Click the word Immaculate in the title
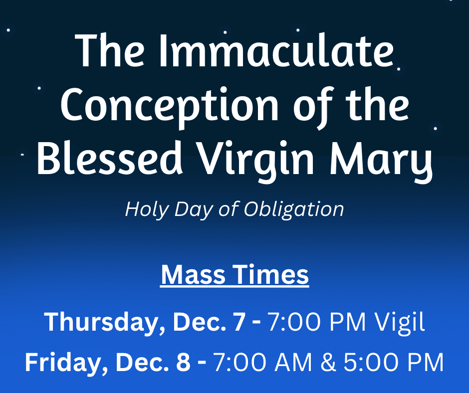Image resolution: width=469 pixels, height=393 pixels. pyautogui.click(x=276, y=51)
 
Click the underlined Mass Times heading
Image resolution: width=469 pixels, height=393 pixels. pyautogui.click(x=234, y=275)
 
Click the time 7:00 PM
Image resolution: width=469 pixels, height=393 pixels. pyautogui.click(x=317, y=322)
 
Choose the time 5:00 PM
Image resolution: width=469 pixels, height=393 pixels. pyautogui.click(x=394, y=363)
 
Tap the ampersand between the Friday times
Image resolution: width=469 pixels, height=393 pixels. pyautogui.click(x=328, y=363)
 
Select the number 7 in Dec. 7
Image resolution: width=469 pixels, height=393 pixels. pyautogui.click(x=239, y=322)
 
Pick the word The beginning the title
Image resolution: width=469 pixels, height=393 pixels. pyautogui.click(x=110, y=50)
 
